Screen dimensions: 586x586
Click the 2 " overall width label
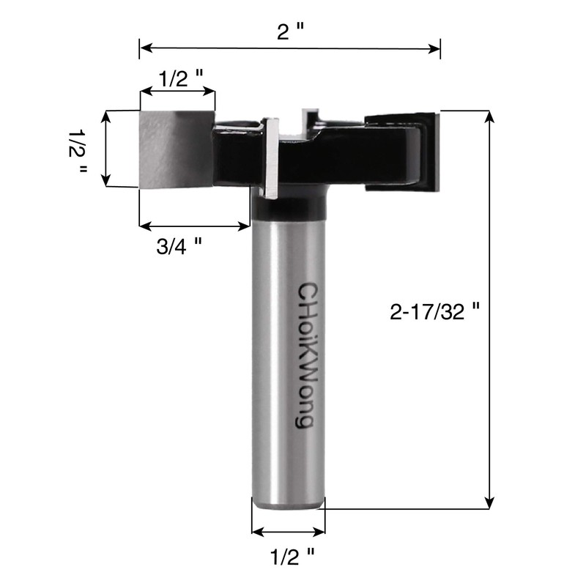tap(291, 31)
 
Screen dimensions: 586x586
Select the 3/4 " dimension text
tap(179, 247)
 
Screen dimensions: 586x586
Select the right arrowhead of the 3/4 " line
tap(245, 227)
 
